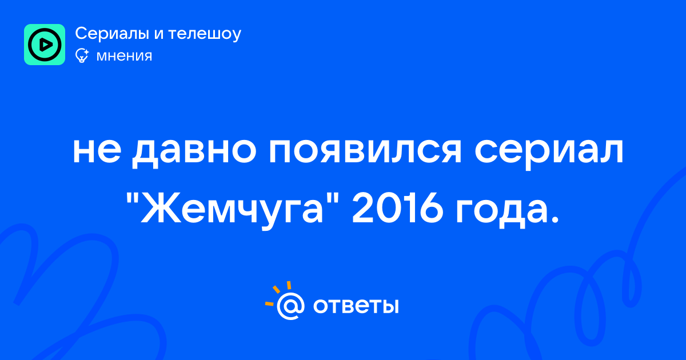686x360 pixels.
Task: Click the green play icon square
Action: tap(45, 45)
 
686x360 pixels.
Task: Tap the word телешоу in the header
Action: tap(205, 34)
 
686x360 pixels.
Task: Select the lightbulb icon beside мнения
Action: tap(82, 55)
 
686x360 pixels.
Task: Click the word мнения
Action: tap(124, 57)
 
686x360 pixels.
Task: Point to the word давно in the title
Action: tap(194, 151)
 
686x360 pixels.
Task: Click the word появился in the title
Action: tap(365, 151)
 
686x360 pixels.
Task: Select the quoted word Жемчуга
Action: tap(232, 211)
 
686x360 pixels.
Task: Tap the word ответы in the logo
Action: tap(356, 306)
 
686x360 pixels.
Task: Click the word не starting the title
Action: tap(97, 151)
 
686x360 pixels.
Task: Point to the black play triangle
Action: tap(45, 45)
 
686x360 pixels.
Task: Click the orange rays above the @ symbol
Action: tap(278, 293)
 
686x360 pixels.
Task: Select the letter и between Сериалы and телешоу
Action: tap(159, 34)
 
